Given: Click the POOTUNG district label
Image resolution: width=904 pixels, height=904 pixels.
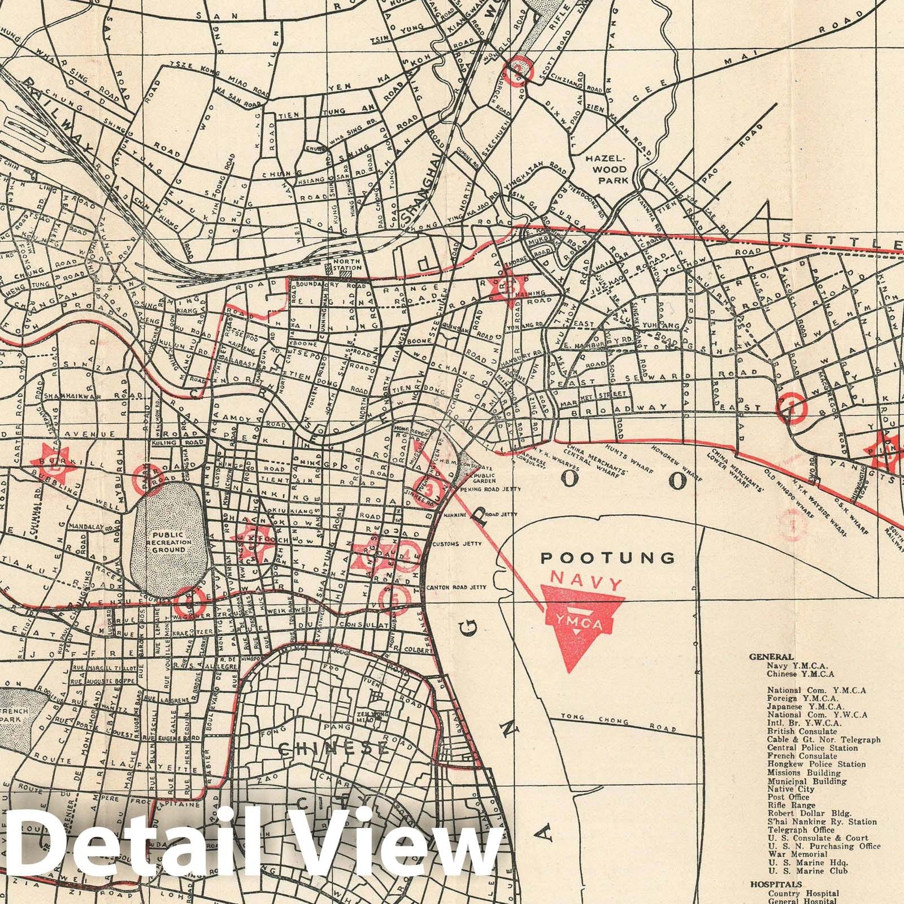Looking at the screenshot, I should [607, 558].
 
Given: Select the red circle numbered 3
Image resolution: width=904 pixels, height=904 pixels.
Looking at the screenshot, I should [431, 488].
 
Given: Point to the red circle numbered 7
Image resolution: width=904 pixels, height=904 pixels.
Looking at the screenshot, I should [792, 407].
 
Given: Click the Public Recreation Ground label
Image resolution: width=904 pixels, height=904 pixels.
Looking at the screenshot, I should [168, 541].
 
